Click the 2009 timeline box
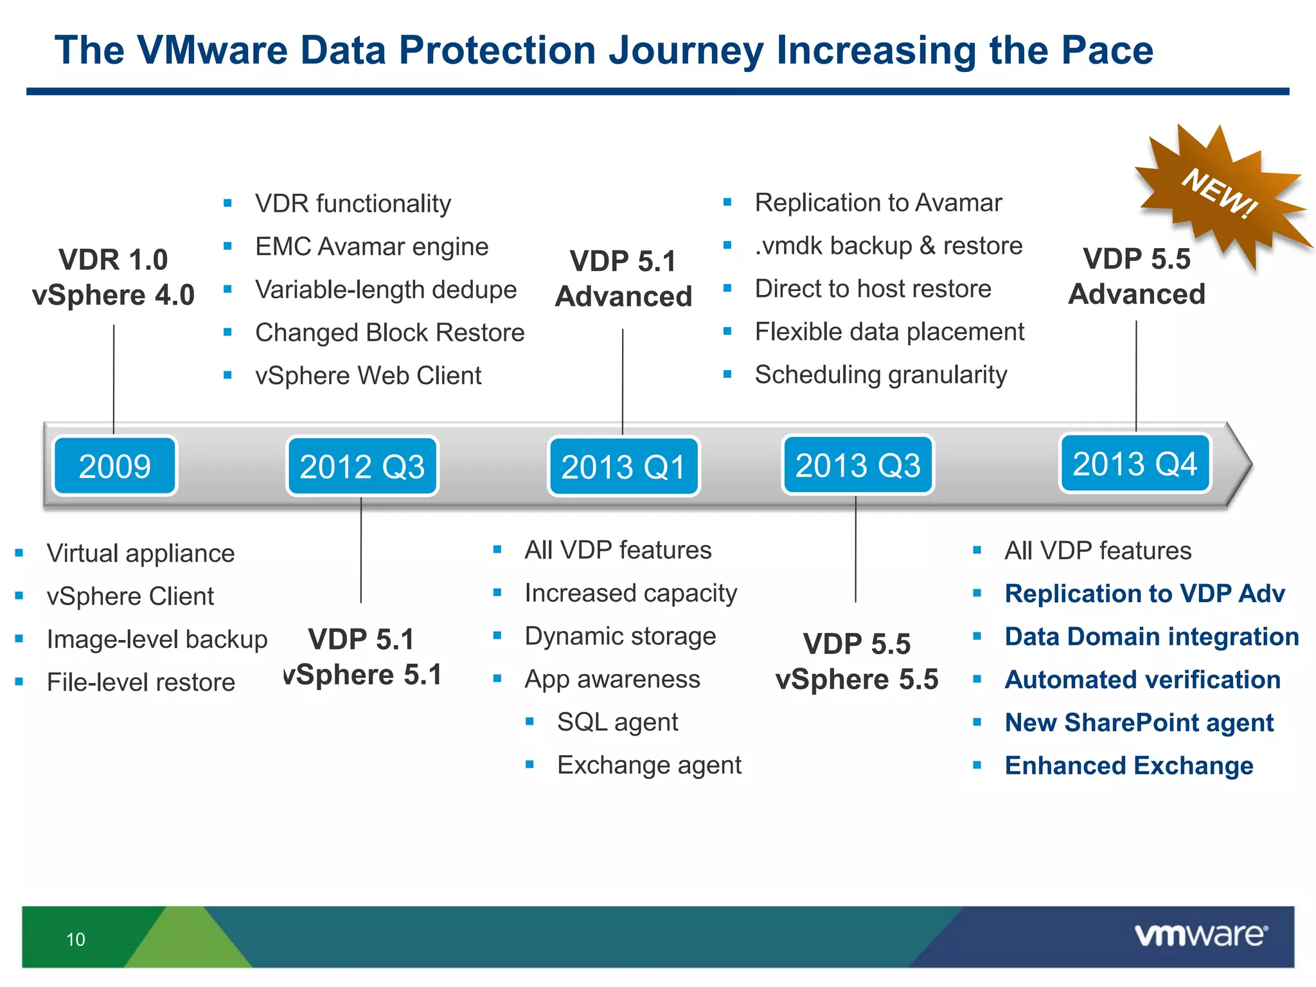coord(114,466)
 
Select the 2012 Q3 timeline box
coord(362,467)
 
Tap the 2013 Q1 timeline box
coord(623,467)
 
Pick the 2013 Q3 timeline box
coord(857,465)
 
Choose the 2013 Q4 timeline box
coord(1135,463)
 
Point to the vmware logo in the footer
coord(1200,935)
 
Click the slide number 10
coord(75,939)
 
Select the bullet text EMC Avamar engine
coord(371,247)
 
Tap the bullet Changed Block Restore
coord(389,333)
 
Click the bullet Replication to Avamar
coord(878,203)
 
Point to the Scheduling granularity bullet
coord(880,375)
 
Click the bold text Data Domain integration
coord(1151,637)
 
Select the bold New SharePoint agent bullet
coord(1139,723)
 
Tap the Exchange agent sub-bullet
coord(649,765)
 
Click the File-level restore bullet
coord(141,682)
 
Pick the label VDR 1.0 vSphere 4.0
coord(113,278)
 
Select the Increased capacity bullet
coord(630,593)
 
